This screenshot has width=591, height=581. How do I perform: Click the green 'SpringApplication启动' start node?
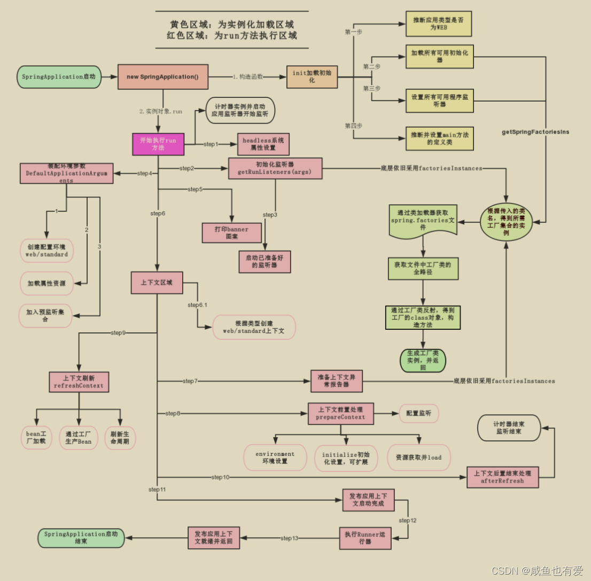(x=59, y=77)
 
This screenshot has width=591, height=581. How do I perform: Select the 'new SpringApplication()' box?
(x=162, y=77)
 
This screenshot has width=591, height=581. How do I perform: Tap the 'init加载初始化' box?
(x=312, y=76)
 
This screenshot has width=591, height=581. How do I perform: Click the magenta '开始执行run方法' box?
(x=158, y=144)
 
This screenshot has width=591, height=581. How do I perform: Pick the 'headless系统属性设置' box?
(x=263, y=144)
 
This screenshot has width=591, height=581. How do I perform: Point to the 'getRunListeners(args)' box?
(x=275, y=168)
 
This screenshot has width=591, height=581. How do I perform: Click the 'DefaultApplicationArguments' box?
(x=66, y=173)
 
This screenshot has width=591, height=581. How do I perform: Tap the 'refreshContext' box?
(x=79, y=382)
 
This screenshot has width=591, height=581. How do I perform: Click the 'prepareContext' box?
(x=341, y=413)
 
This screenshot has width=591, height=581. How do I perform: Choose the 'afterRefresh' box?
(x=502, y=477)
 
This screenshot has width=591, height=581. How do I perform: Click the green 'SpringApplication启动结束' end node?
(x=81, y=537)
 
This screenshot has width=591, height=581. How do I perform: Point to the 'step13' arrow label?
(x=289, y=538)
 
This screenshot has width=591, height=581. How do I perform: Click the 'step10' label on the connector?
(x=220, y=477)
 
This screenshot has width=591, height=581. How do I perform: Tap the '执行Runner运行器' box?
(x=365, y=538)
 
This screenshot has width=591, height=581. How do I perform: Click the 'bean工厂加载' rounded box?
(x=36, y=437)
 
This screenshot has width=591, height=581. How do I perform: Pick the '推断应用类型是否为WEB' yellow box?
(x=438, y=23)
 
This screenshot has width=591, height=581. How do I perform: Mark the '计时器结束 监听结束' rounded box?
(x=509, y=427)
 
